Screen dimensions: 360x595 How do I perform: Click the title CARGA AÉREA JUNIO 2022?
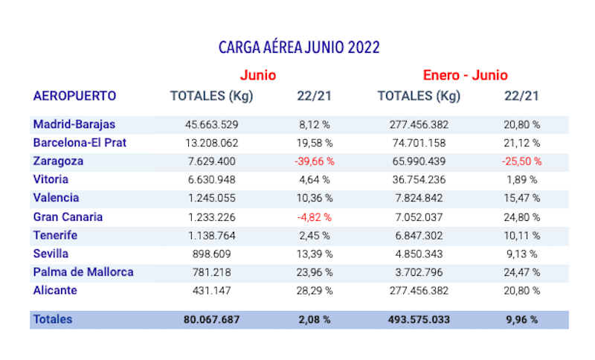[299, 48]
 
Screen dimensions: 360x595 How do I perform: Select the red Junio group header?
[258, 75]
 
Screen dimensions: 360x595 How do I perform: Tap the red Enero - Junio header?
[465, 75]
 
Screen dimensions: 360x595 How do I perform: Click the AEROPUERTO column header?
[74, 96]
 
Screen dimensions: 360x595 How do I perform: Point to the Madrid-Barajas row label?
[74, 124]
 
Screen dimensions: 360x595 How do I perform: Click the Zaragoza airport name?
[58, 161]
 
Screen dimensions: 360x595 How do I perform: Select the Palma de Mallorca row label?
[83, 271]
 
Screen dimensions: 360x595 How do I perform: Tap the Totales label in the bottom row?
[52, 319]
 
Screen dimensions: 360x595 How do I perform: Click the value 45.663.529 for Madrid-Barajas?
[211, 124]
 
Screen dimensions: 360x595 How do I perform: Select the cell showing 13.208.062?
[211, 143]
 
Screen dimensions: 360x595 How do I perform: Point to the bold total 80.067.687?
[211, 320]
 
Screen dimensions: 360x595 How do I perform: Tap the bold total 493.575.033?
[418, 320]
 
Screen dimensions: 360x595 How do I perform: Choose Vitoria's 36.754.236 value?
[418, 179]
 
